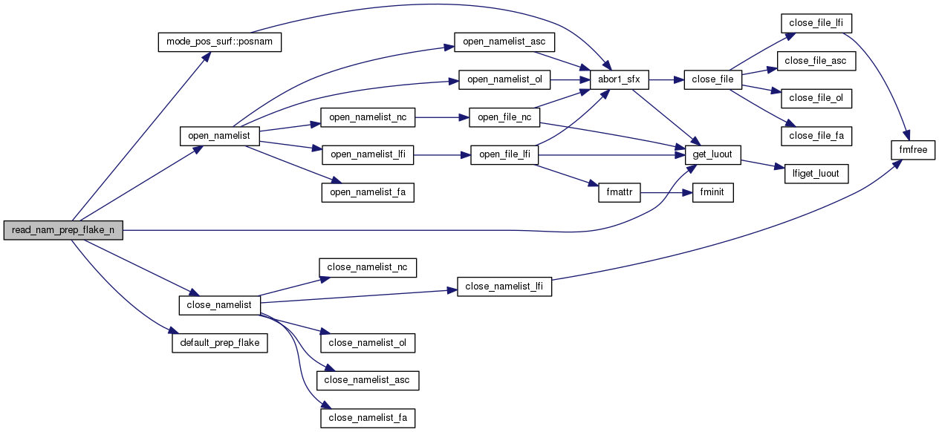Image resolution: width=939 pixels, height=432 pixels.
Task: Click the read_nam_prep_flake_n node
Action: tap(63, 230)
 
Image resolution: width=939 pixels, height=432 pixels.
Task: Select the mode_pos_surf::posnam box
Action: tap(220, 42)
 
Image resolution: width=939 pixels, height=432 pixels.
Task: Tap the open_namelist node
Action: tap(219, 137)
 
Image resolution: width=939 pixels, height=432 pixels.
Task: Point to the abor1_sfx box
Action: tap(619, 79)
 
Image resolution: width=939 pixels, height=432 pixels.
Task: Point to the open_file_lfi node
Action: tap(504, 155)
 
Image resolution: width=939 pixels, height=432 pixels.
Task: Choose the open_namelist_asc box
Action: tap(504, 42)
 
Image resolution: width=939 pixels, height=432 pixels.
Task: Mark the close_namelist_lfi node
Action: tap(504, 287)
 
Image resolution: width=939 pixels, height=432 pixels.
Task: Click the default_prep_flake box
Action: tap(219, 344)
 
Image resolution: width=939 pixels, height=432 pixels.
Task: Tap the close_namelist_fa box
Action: tap(368, 418)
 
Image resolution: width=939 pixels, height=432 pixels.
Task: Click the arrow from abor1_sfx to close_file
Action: tap(666, 79)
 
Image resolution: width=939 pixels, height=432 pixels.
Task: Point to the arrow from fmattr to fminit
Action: tap(666, 193)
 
